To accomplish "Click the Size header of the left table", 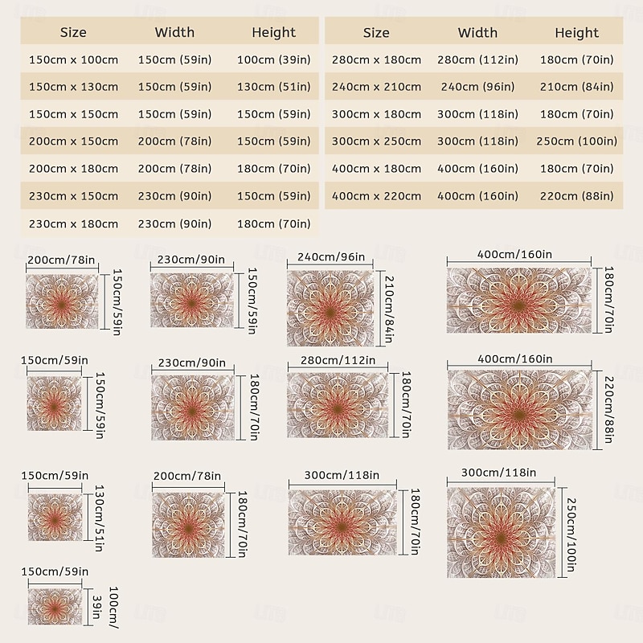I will pos(73,33).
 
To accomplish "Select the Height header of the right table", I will pos(576,33).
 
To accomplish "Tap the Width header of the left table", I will pos(174,33).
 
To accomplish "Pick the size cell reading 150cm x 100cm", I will pos(73,59).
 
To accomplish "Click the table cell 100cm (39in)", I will pos(274,59).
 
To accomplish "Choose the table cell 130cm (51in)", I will pos(274,87).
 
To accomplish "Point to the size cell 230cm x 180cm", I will pos(73,223).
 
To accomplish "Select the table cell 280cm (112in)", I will pos(477,59).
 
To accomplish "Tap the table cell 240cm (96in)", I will pos(477,87).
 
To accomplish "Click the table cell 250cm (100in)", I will pos(576,141).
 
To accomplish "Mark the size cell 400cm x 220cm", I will pos(376,196).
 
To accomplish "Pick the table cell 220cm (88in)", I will pos(576,196).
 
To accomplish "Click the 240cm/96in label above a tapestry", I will pos(331,258).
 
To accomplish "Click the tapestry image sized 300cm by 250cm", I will pos(502,531).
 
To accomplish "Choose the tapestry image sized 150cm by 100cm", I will pos(55,607).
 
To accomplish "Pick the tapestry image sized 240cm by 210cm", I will pos(330,309).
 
